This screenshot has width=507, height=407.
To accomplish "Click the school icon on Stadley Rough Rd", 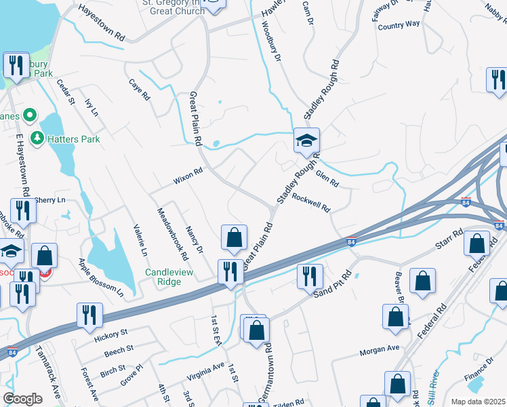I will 306,141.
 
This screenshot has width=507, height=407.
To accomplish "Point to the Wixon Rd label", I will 188,178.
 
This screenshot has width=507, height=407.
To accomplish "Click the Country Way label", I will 399,24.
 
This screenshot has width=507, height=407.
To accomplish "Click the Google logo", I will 22,398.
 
